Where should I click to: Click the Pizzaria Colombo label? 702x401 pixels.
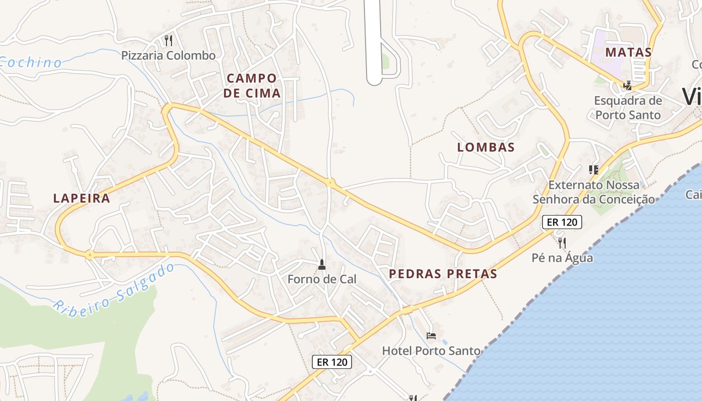pyautogui.click(x=168, y=55)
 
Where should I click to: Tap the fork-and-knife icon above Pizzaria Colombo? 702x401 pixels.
pyautogui.click(x=168, y=40)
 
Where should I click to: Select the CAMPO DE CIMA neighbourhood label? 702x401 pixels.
pyautogui.click(x=252, y=86)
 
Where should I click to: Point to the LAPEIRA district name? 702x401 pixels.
pyautogui.click(x=82, y=198)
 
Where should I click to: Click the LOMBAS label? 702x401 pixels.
pyautogui.click(x=486, y=147)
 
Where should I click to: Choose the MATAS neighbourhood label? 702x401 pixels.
pyautogui.click(x=628, y=52)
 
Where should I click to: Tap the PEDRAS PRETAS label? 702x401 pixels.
pyautogui.click(x=443, y=274)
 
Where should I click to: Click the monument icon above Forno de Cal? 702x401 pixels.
pyautogui.click(x=322, y=264)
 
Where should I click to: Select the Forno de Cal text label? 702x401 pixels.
pyautogui.click(x=322, y=279)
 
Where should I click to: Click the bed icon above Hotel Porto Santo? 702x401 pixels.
pyautogui.click(x=431, y=335)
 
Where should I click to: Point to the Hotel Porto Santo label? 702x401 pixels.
pyautogui.click(x=431, y=350)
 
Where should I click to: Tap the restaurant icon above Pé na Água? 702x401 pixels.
pyautogui.click(x=562, y=243)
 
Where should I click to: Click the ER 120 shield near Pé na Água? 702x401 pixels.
pyautogui.click(x=562, y=222)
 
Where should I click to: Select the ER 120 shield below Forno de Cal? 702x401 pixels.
pyautogui.click(x=332, y=361)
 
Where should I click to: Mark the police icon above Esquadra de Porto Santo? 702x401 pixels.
pyautogui.click(x=627, y=85)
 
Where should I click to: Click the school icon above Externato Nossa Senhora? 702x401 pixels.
pyautogui.click(x=594, y=170)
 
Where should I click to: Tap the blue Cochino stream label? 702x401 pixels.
pyautogui.click(x=30, y=63)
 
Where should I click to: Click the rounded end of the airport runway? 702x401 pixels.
pyautogui.click(x=375, y=80)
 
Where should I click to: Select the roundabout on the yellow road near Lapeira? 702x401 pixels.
pyautogui.click(x=89, y=255)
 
